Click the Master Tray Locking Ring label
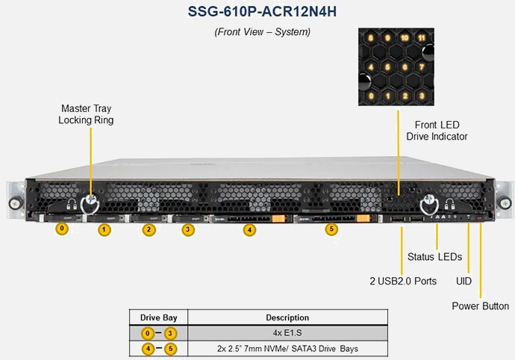pyautogui.click(x=87, y=114)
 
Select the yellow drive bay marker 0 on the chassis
pyautogui.click(x=62, y=229)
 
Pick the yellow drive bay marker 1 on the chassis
pyautogui.click(x=104, y=230)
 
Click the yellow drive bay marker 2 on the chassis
pyautogui.click(x=149, y=230)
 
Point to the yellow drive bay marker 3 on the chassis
pyautogui.click(x=188, y=230)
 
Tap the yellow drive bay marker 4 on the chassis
pyautogui.click(x=249, y=230)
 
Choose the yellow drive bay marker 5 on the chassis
pyautogui.click(x=332, y=230)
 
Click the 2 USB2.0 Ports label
pyautogui.click(x=403, y=282)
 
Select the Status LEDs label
pyautogui.click(x=434, y=257)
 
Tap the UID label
pyautogui.click(x=463, y=282)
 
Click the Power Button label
pyautogui.click(x=481, y=306)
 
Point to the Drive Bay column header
pyautogui.click(x=158, y=317)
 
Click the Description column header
pyautogui.click(x=287, y=317)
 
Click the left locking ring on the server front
pyautogui.click(x=92, y=202)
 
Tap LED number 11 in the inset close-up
pyautogui.click(x=422, y=37)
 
